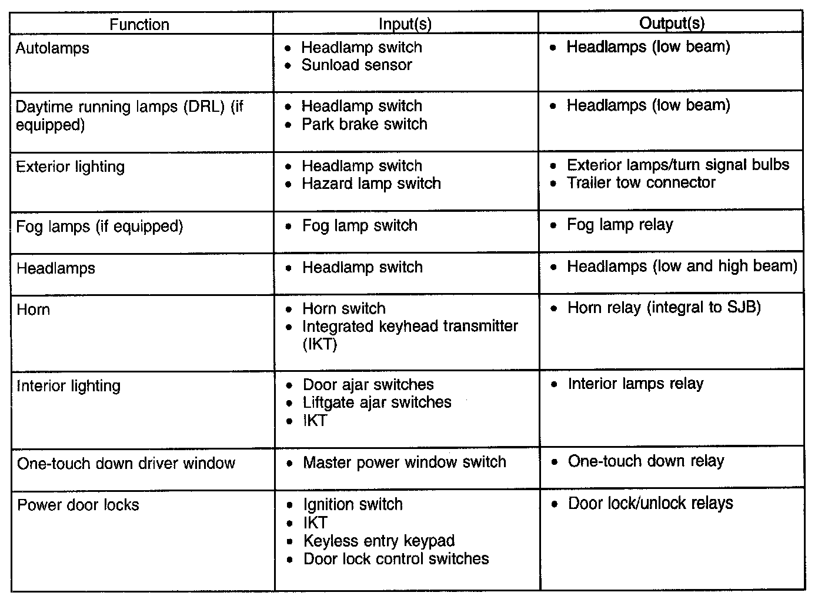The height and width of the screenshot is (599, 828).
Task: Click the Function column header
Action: pyautogui.click(x=139, y=25)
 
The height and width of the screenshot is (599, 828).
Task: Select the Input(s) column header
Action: pyautogui.click(x=405, y=25)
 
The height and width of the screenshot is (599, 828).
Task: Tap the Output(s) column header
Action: pyautogui.click(x=672, y=24)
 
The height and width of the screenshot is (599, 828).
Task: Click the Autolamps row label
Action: pyautogui.click(x=52, y=48)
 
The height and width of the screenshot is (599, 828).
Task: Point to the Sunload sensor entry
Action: pyautogui.click(x=356, y=65)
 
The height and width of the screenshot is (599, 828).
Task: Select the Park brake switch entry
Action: pyautogui.click(x=364, y=124)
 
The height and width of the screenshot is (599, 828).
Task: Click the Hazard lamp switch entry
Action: pyautogui.click(x=371, y=184)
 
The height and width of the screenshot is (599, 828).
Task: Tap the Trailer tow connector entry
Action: pyautogui.click(x=640, y=182)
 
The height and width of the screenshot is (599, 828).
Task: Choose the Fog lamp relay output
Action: pyautogui.click(x=620, y=225)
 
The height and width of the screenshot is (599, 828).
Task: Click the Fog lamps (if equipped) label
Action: pyautogui.click(x=99, y=227)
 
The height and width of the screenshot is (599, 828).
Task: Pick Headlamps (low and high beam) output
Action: pyautogui.click(x=682, y=267)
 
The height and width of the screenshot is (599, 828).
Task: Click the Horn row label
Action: pyautogui.click(x=34, y=310)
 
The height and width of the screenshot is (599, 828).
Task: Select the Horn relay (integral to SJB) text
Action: pyautogui.click(x=664, y=308)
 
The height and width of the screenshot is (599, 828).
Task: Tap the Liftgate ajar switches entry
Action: pyautogui.click(x=377, y=402)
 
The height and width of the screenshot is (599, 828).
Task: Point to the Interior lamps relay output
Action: pyautogui.click(x=635, y=384)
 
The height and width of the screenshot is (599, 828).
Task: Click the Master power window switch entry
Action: pyautogui.click(x=404, y=462)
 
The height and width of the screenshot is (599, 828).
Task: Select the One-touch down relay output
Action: pyautogui.click(x=646, y=461)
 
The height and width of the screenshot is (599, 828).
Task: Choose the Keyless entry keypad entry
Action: pyautogui.click(x=379, y=541)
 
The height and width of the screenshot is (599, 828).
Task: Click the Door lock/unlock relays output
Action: pyautogui.click(x=650, y=504)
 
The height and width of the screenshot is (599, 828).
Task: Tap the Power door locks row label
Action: pyautogui.click(x=78, y=505)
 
